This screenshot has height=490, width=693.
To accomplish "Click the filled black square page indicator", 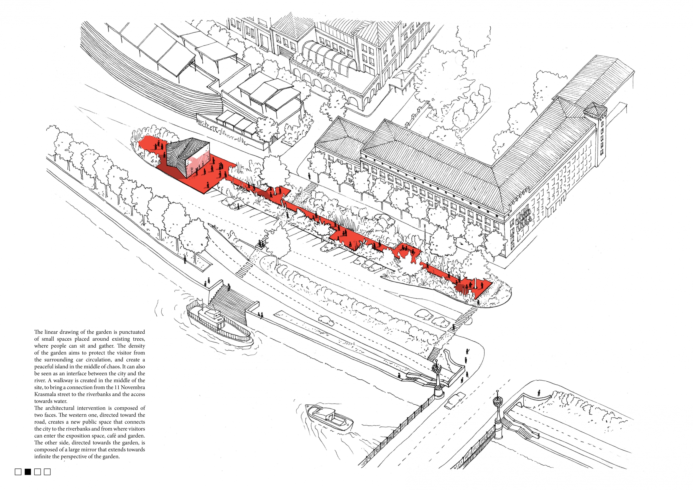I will click(x=28, y=472).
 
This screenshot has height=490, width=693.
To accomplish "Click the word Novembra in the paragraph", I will click(x=133, y=387).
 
